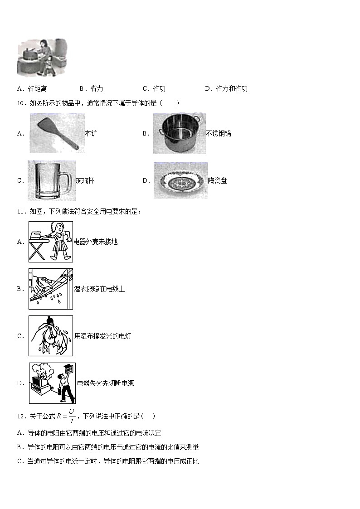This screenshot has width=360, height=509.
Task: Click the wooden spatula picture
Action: tap(57, 133)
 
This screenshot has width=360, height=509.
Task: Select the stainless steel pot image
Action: tap(179, 133)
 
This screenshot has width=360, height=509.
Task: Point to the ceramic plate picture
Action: tap(180, 180)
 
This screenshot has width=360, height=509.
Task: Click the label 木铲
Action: tap(91, 133)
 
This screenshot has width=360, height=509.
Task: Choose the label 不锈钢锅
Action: tap(218, 133)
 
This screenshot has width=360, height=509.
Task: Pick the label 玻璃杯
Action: tap(85, 180)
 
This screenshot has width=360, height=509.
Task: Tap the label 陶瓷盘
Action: tap(217, 180)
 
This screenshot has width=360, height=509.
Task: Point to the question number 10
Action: tap(21, 103)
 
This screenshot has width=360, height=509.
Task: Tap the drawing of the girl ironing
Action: tap(50, 242)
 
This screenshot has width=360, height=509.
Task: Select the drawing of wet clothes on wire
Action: tap(50, 289)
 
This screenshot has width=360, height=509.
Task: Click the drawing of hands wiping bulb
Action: tap(50, 336)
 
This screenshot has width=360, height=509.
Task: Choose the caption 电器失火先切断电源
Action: tap(105, 383)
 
